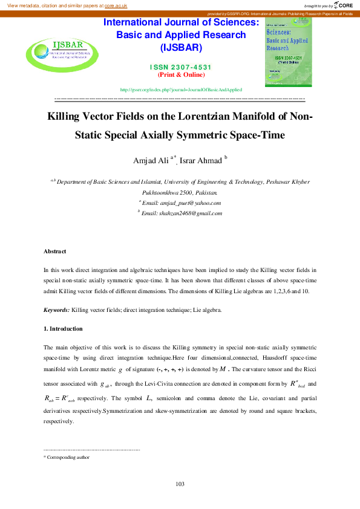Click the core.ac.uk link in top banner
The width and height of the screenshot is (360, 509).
[117, 5]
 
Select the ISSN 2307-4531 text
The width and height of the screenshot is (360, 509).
[181, 67]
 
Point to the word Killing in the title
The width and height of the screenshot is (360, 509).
[68, 116]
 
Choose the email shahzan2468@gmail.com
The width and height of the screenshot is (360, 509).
[190, 213]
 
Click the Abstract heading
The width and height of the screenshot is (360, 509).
[55, 251]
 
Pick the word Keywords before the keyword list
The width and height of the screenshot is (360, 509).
[56, 310]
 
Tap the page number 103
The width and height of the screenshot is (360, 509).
[180, 484]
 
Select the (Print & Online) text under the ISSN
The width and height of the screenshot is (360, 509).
[181, 75]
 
